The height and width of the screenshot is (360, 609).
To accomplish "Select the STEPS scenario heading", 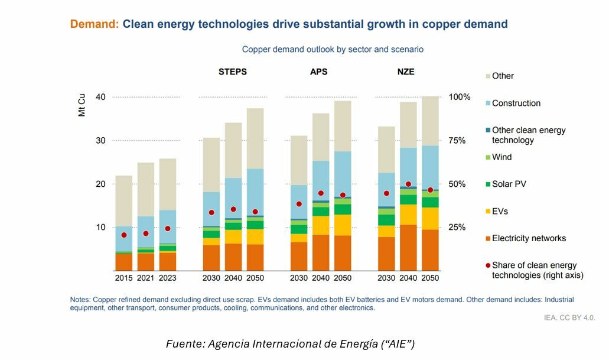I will tap(233, 72).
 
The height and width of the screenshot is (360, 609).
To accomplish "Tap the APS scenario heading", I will tap(318, 72).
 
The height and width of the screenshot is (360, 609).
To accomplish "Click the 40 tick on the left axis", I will tap(100, 97).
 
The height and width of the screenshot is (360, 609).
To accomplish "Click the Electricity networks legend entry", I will tap(528, 238).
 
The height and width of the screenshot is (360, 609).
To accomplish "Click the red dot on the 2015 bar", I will tap(124, 235).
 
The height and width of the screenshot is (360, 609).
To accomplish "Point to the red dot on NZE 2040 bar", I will tap(408, 184).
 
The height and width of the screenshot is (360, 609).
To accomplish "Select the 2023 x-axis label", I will tap(167, 278).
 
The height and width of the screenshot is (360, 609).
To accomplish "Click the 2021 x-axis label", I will tap(145, 278).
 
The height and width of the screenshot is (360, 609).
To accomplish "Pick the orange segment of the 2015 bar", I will tap(124, 262).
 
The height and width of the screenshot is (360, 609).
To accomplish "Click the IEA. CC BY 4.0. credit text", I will tap(569, 318).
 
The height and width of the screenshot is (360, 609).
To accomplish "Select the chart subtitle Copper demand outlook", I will tap(333, 50).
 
